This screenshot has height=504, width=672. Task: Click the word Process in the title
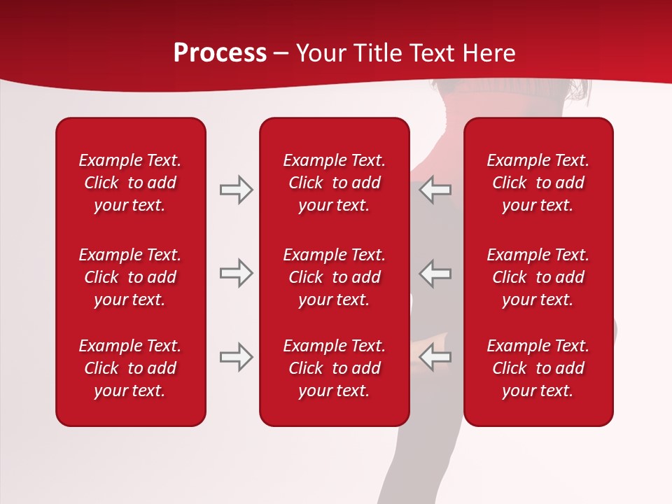pyautogui.click(x=220, y=53)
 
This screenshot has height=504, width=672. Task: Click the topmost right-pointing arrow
pyautogui.click(x=236, y=190)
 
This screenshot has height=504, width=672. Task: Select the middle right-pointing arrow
pyautogui.click(x=236, y=273)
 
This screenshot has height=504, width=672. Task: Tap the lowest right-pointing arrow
pyautogui.click(x=236, y=357)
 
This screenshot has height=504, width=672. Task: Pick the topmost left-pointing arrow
pyautogui.click(x=435, y=190)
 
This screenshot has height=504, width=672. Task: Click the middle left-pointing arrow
pyautogui.click(x=435, y=273)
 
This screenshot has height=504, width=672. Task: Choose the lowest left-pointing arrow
pyautogui.click(x=435, y=357)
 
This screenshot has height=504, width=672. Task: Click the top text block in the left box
pyautogui.click(x=130, y=183)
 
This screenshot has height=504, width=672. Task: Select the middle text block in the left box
pyautogui.click(x=130, y=277)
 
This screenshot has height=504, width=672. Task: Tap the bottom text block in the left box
pyautogui.click(x=130, y=368)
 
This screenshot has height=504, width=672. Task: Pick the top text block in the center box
pyautogui.click(x=335, y=183)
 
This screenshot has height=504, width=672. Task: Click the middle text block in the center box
pyautogui.click(x=335, y=277)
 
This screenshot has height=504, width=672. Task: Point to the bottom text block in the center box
pyautogui.click(x=335, y=368)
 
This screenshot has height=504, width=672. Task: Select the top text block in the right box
pyautogui.click(x=538, y=183)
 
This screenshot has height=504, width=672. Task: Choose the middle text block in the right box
pyautogui.click(x=538, y=277)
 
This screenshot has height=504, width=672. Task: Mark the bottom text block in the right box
pyautogui.click(x=538, y=368)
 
